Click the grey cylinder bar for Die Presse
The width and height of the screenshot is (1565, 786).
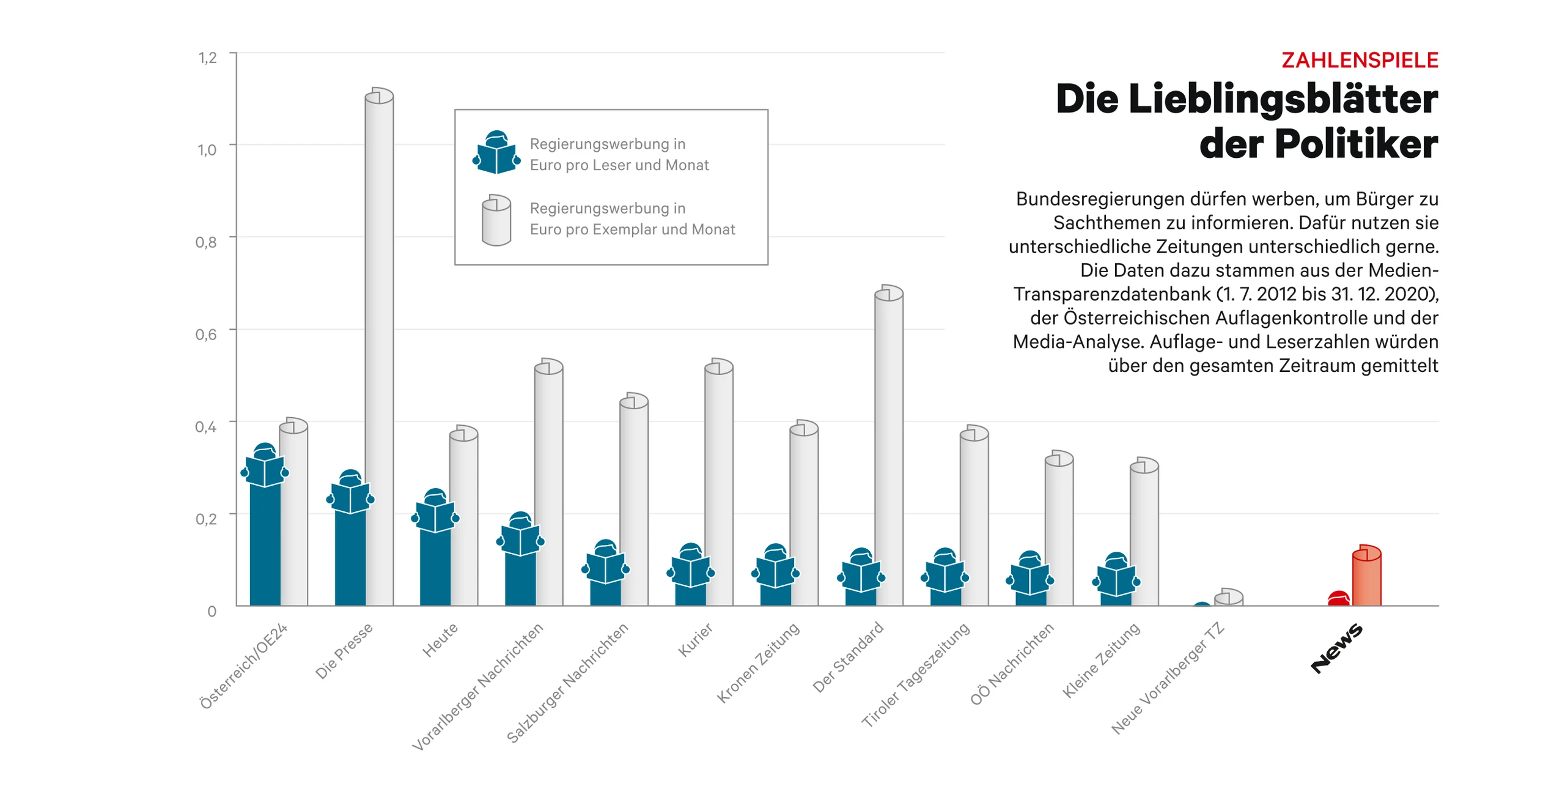point(379,349)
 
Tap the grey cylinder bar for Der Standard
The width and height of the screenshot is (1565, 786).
point(888,447)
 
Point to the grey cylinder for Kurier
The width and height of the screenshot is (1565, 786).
point(718,483)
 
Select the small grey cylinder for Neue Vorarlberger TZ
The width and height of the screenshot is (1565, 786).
point(1228,598)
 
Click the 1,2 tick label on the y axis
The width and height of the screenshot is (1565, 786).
point(207,58)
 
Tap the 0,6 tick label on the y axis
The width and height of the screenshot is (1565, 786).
point(206,335)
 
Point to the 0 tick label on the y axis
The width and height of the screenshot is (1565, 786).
point(212,611)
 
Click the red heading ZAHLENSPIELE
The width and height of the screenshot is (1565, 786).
point(1359,61)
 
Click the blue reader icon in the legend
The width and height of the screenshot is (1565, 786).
point(496,153)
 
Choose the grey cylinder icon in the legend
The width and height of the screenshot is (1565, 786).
point(496,220)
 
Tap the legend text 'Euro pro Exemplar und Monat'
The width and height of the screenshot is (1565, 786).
point(632,229)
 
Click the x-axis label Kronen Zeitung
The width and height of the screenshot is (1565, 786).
point(758,662)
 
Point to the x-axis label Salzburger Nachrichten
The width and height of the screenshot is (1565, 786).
point(567,682)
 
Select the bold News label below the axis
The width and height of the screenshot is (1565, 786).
point(1336,648)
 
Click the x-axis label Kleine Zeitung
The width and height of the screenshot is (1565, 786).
point(1100,660)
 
